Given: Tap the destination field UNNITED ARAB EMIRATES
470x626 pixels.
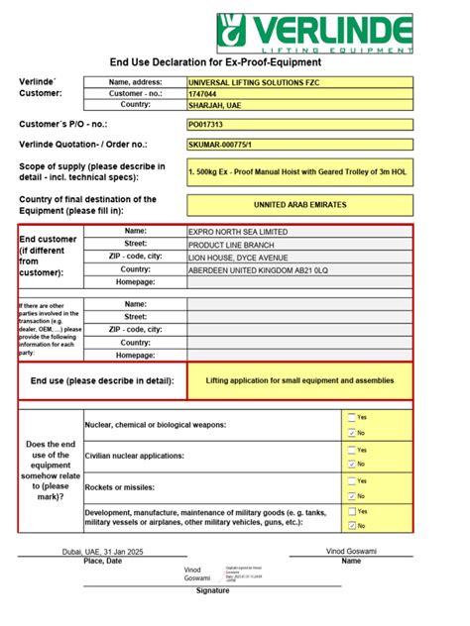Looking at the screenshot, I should pos(298,205).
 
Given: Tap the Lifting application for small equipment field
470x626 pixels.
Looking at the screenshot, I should pos(298,380).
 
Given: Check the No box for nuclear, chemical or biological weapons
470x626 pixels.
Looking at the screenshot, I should pos(352,433).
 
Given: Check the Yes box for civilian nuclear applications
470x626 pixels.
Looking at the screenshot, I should pos(352,449).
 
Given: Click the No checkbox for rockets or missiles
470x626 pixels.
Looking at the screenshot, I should pos(352,495).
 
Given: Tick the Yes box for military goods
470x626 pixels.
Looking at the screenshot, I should pos(352,511).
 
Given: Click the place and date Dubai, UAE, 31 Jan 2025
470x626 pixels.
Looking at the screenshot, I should pos(103,551).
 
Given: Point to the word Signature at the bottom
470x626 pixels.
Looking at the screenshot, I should pos(212,590).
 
